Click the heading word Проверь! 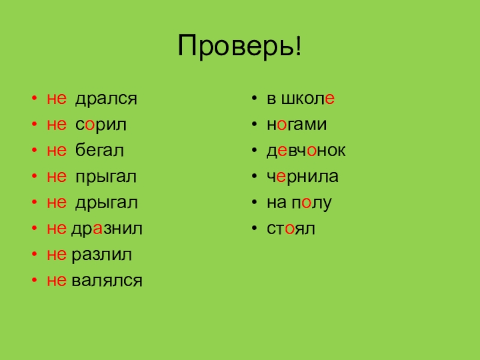click(x=239, y=47)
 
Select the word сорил click(x=101, y=125)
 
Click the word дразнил click(x=107, y=229)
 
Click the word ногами click(x=297, y=125)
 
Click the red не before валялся click(x=57, y=280)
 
